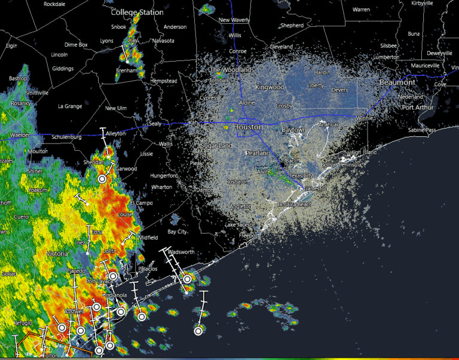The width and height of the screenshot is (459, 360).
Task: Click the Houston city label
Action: tap(247, 127)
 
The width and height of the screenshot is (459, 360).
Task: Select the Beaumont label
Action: tap(397, 82)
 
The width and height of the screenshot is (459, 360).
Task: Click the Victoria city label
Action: tap(57, 254)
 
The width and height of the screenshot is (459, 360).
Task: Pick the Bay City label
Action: tap(177, 231)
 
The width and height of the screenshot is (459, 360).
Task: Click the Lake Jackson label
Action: tap(240, 224)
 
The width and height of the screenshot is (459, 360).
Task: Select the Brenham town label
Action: tap(127, 71)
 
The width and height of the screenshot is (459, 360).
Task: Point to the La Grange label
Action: tap(69, 106)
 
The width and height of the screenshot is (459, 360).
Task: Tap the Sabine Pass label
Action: tap(422, 130)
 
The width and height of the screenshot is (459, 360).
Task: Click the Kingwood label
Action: tap(270, 87)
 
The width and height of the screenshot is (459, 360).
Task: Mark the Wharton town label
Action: tap(162, 187)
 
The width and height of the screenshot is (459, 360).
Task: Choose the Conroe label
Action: tap(238, 51)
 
